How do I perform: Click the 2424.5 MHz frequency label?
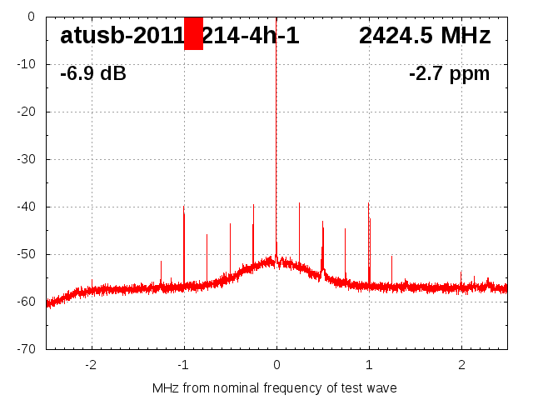(x=425, y=36)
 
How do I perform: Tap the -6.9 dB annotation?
(x=93, y=73)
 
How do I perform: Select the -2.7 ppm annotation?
(x=449, y=73)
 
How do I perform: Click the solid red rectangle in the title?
(x=193, y=33)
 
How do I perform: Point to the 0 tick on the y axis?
(x=30, y=17)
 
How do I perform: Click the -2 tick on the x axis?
(x=91, y=364)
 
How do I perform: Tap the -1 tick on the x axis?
(x=183, y=364)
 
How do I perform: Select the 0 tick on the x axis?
(x=276, y=364)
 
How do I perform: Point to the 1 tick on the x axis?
(x=369, y=364)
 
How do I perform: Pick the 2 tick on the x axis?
(x=461, y=364)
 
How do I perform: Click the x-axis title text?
(x=275, y=388)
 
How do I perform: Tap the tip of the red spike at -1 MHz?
(x=184, y=206)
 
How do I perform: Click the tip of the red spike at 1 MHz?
(x=368, y=203)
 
